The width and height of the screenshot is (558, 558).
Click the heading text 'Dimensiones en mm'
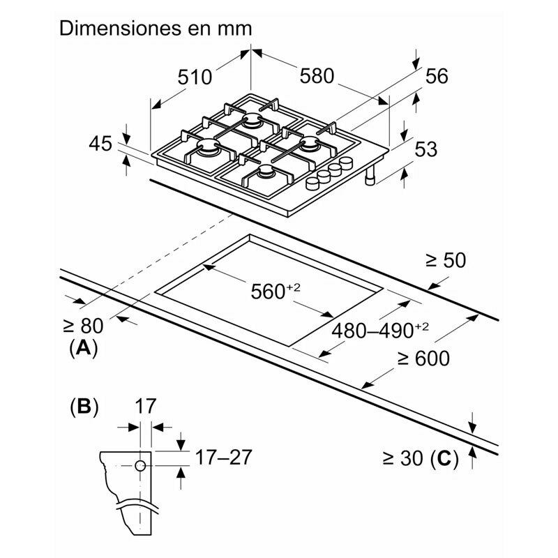point(155,29)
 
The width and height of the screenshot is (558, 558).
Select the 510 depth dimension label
point(194,77)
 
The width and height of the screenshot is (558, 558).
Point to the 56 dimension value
point(436,77)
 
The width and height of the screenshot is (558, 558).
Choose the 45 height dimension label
point(100,144)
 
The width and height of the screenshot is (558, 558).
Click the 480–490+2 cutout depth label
point(381,330)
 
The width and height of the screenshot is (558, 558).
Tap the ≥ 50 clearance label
point(445,260)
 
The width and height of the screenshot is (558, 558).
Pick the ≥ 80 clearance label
point(82,325)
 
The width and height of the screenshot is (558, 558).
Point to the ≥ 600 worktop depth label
point(423,359)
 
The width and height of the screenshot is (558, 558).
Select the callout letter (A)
point(83,347)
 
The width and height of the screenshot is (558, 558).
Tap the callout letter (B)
point(83,407)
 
